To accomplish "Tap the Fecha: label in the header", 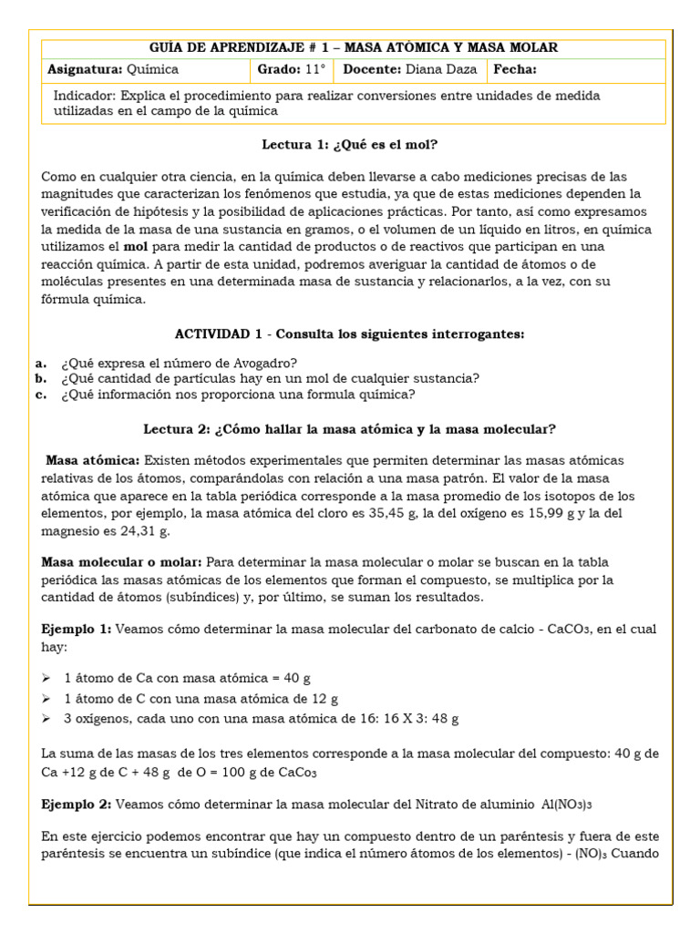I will (x=515, y=69).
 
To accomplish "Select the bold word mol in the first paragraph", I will (x=135, y=247).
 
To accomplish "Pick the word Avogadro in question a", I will (x=266, y=362).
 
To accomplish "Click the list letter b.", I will (x=40, y=378).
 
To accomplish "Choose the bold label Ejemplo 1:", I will (x=77, y=630).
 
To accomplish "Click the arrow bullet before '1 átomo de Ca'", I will (x=47, y=679).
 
